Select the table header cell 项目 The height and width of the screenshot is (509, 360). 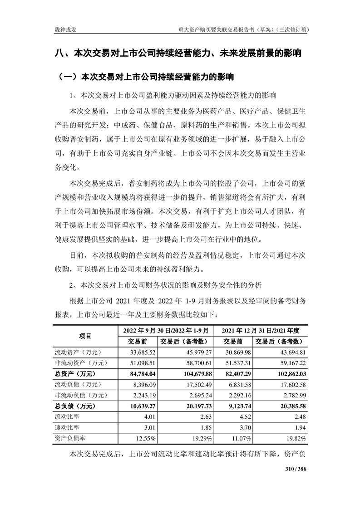coord(85,336)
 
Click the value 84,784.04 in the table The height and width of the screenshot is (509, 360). coord(144,373)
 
